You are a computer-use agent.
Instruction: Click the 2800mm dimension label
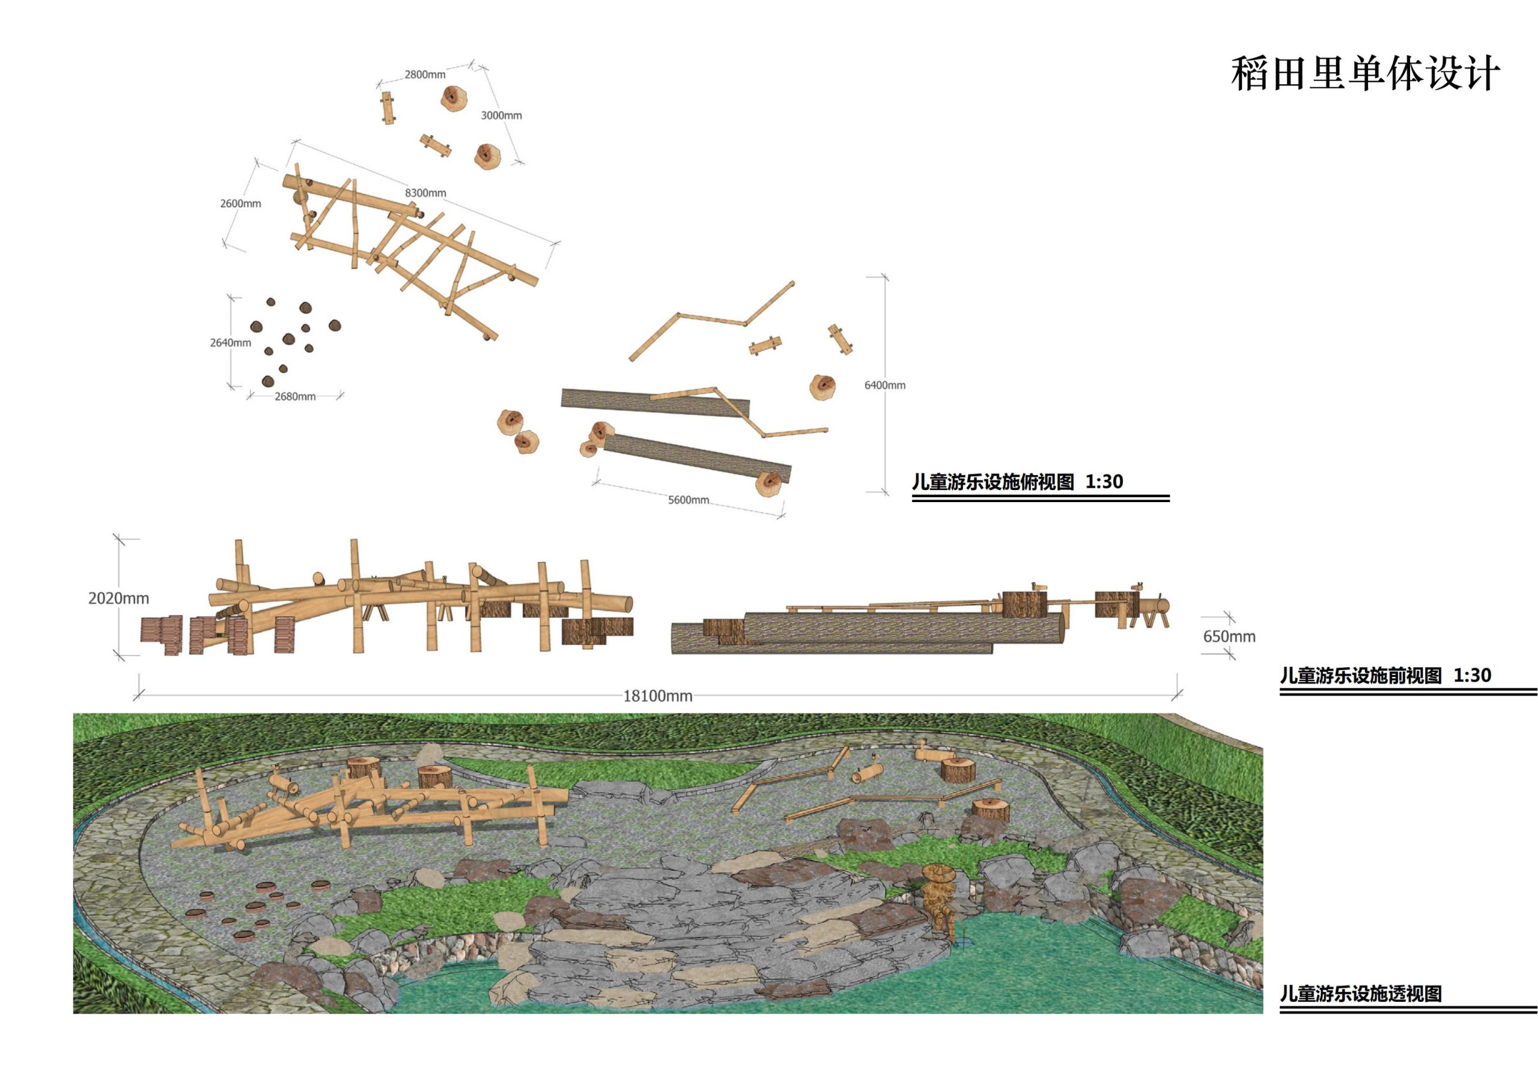pyautogui.click(x=425, y=75)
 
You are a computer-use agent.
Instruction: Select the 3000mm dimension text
pyautogui.click(x=501, y=115)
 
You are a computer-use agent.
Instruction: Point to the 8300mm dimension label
pyautogui.click(x=425, y=193)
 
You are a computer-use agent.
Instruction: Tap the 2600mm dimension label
pyautogui.click(x=240, y=204)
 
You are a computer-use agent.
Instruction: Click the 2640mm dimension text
pyautogui.click(x=231, y=343)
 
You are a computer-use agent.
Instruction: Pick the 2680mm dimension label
pyautogui.click(x=295, y=396)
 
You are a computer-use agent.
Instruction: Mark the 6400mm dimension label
pyautogui.click(x=885, y=385)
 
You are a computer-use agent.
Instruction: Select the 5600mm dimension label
pyautogui.click(x=688, y=500)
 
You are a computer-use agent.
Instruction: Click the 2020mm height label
pyautogui.click(x=118, y=598)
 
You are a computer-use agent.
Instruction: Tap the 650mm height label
pyautogui.click(x=1229, y=636)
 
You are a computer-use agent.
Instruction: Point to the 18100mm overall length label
pyautogui.click(x=658, y=696)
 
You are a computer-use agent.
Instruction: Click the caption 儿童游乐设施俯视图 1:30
pyautogui.click(x=1018, y=482)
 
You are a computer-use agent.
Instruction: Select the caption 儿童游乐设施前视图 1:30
pyautogui.click(x=1386, y=675)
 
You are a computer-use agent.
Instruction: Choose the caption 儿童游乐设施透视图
pyautogui.click(x=1361, y=993)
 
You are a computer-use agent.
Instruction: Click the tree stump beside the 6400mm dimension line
pyautogui.click(x=822, y=387)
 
